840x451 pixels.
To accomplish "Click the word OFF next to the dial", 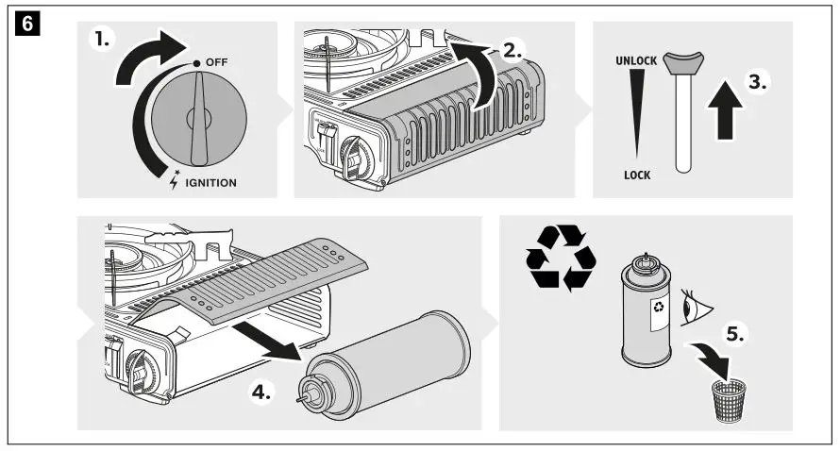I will point(216,61).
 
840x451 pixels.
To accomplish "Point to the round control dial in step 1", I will point(199,119).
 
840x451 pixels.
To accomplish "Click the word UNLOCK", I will point(635,59).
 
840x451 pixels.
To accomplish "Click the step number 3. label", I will point(757,81).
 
